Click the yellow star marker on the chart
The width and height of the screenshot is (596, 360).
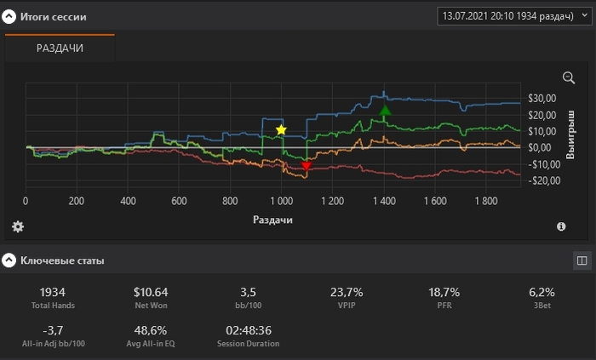[281, 129]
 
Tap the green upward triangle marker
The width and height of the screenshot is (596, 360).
[385, 110]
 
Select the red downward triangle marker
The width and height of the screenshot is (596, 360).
[307, 166]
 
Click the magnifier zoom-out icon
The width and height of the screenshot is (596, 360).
[569, 77]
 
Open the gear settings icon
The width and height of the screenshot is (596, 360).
[17, 226]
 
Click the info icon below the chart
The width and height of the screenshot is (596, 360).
[561, 226]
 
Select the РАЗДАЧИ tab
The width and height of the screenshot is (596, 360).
[60, 49]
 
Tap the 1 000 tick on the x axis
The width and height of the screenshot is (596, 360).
[281, 202]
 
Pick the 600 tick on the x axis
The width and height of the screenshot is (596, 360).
[179, 202]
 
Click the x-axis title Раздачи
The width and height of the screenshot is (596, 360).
[272, 220]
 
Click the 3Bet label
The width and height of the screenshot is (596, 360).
[542, 306]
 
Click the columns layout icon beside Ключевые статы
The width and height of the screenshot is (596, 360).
[582, 260]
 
